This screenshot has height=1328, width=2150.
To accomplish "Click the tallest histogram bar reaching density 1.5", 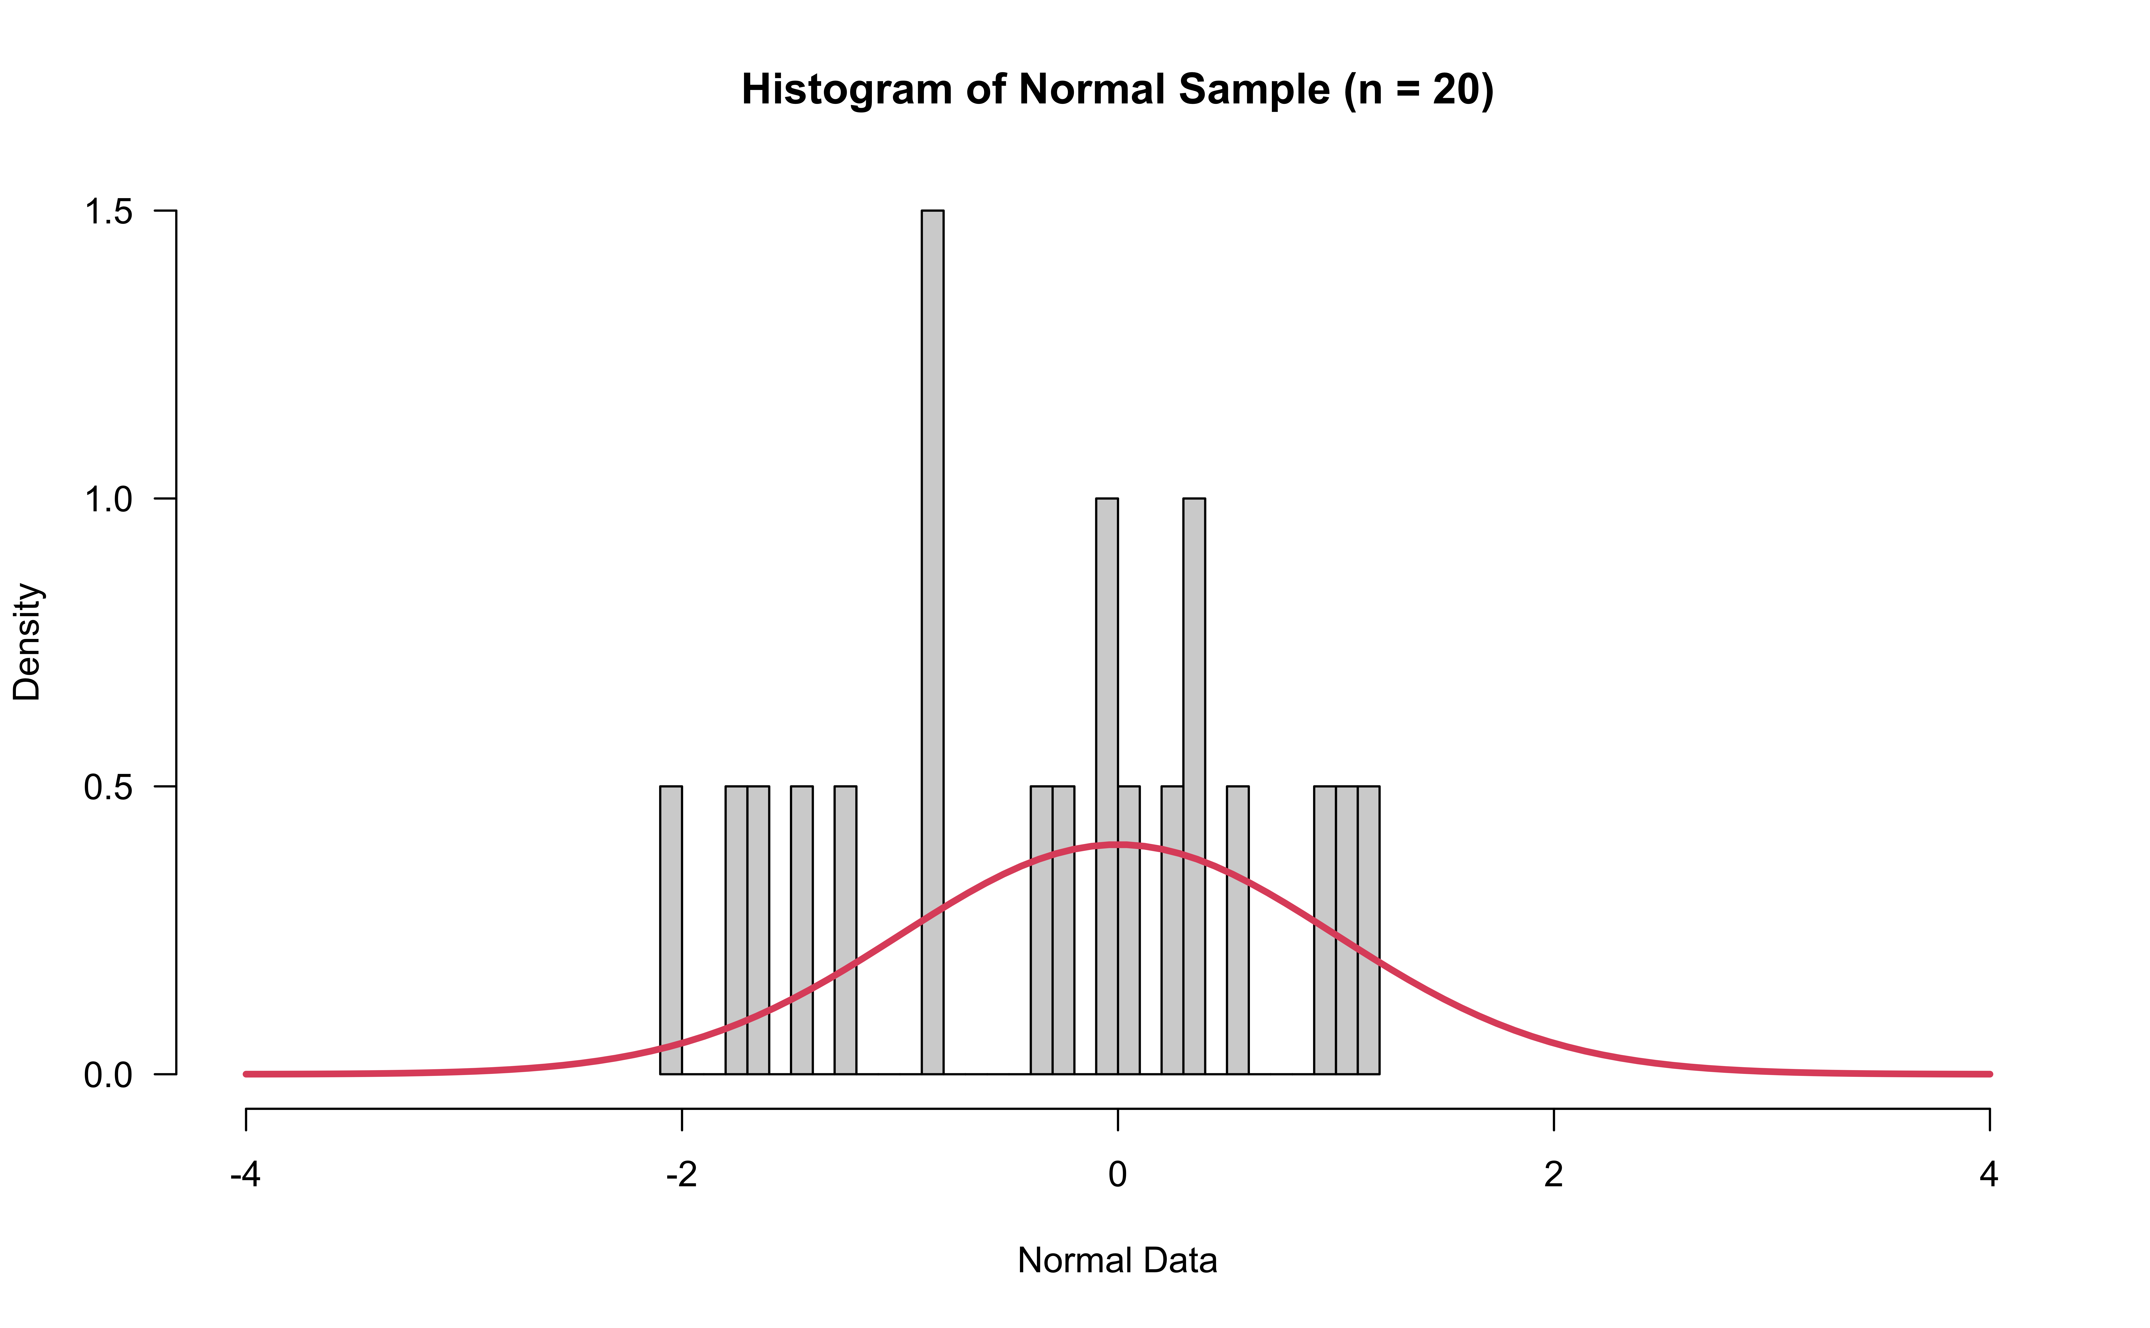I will pos(932,641).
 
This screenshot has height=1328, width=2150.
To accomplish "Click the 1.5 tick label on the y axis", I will pos(108,212).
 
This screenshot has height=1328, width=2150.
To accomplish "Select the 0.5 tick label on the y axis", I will pos(108,787).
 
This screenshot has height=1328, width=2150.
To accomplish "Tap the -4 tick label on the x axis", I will pos(245,1174).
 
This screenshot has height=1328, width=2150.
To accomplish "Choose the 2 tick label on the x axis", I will pos(1553,1174).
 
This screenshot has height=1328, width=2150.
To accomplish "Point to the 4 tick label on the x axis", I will pos(1989,1174).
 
